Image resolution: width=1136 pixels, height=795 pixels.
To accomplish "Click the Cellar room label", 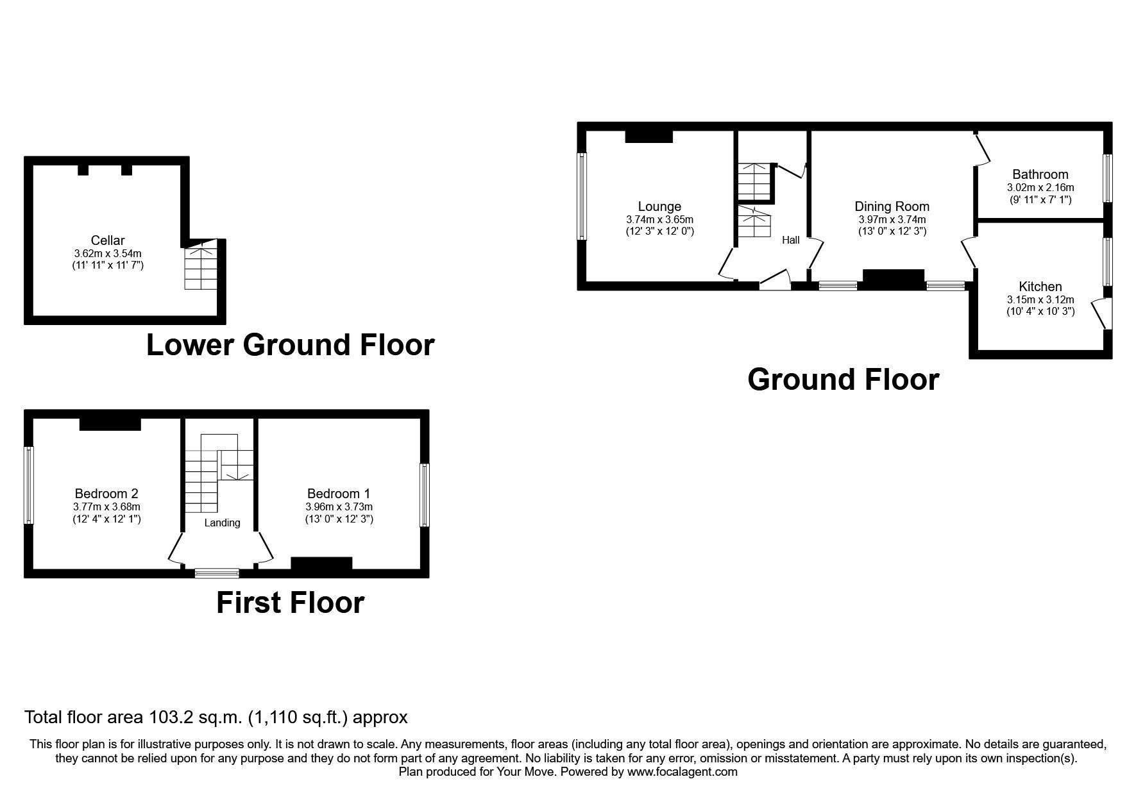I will (x=108, y=240).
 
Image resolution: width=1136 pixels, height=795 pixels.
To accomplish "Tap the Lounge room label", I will (x=659, y=206).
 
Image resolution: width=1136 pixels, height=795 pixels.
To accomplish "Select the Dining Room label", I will (x=892, y=206).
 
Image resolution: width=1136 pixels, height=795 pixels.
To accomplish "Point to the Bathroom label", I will (x=1040, y=174).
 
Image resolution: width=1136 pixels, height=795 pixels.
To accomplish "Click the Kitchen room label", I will (x=1040, y=287).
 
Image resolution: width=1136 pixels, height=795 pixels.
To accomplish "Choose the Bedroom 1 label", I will (x=338, y=494).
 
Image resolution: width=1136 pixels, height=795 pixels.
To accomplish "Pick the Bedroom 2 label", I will (x=106, y=494).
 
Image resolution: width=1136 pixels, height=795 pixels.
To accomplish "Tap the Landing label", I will (x=222, y=523).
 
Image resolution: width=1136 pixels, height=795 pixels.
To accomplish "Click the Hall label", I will (x=790, y=240).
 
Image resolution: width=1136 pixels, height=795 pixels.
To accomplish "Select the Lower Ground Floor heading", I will (x=290, y=345).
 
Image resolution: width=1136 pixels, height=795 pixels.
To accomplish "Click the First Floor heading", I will (x=290, y=603).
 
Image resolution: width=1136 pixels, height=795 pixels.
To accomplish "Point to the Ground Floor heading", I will (x=843, y=380).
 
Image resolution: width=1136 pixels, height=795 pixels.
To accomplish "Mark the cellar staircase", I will (x=201, y=265).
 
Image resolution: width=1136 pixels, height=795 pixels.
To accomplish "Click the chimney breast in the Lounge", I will (x=649, y=136).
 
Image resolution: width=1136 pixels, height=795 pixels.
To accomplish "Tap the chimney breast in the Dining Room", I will (x=893, y=279).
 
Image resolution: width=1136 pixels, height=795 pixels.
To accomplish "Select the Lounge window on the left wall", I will (x=582, y=196).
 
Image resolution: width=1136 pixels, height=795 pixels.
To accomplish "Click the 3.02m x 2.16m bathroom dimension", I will (x=1040, y=188).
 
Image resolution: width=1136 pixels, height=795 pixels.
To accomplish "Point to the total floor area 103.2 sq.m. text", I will (x=216, y=717).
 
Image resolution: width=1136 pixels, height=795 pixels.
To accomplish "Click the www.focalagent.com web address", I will (x=682, y=772).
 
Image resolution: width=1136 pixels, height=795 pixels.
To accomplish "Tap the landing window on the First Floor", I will (x=217, y=573).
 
